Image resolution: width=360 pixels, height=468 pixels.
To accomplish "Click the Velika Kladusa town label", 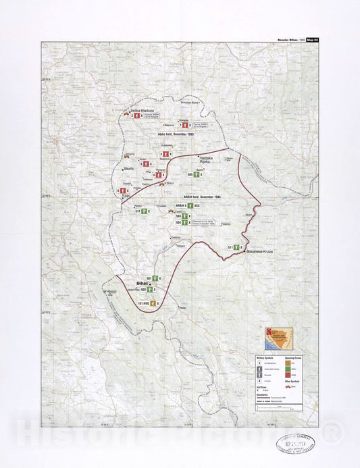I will tap(143, 110).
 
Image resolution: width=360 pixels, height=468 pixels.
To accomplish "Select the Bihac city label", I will tap(142, 284).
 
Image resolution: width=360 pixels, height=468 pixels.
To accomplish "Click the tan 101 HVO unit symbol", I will tap(154, 304).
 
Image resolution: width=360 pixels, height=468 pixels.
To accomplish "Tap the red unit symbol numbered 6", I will tap(124, 191).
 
